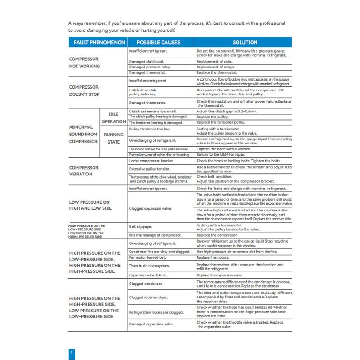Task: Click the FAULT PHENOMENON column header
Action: pos(97,42)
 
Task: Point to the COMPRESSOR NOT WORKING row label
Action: pos(84,63)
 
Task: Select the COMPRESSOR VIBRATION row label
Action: pos(84,171)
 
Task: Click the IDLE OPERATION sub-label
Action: pos(113,118)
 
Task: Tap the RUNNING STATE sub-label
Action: pos(113,138)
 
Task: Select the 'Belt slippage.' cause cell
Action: pos(140,227)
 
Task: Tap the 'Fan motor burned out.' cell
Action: pos(147,257)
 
